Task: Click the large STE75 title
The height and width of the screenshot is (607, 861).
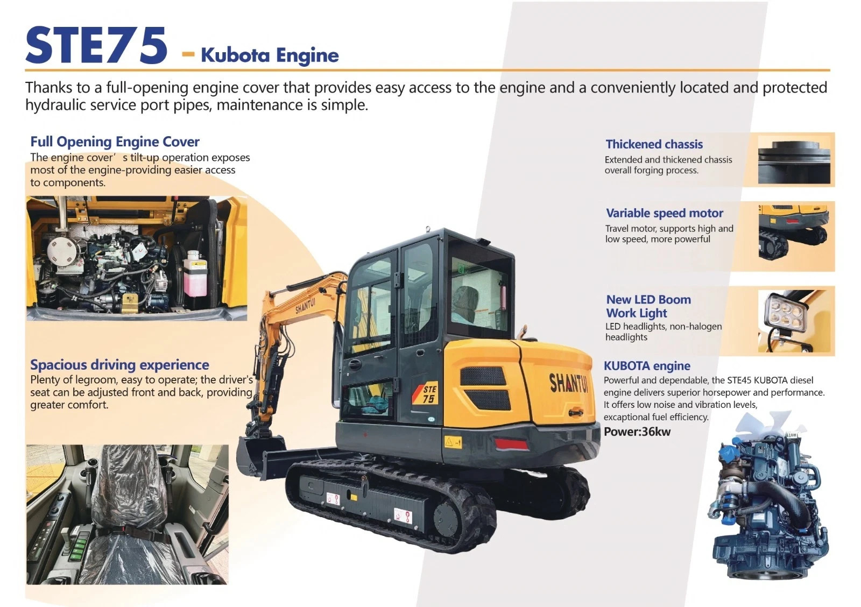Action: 96,45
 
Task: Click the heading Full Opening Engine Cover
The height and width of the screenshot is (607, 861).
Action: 115,142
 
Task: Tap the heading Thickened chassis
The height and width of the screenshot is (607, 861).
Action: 654,144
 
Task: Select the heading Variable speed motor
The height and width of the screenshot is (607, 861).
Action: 665,213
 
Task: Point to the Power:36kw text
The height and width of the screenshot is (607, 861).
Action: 637,432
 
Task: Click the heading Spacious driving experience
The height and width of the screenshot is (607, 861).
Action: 119,364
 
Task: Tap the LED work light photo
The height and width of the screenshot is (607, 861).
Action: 796,321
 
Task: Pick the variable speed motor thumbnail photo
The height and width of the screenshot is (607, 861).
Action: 794,232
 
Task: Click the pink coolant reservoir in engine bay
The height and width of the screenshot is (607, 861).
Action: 195,274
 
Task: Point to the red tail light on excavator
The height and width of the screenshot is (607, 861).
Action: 511,443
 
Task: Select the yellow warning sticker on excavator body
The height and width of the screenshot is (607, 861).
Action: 453,442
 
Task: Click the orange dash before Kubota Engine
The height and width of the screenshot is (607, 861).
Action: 188,54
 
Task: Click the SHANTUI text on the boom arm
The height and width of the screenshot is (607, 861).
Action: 305,306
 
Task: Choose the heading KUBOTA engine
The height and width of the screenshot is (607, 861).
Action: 647,365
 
